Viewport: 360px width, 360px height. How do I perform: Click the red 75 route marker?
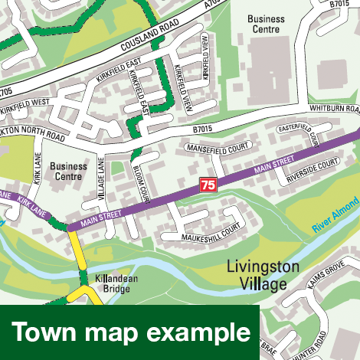click(x=208, y=185)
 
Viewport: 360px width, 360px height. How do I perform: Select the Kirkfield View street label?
click(x=205, y=58)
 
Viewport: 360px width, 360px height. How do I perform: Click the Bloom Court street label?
click(x=142, y=183)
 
